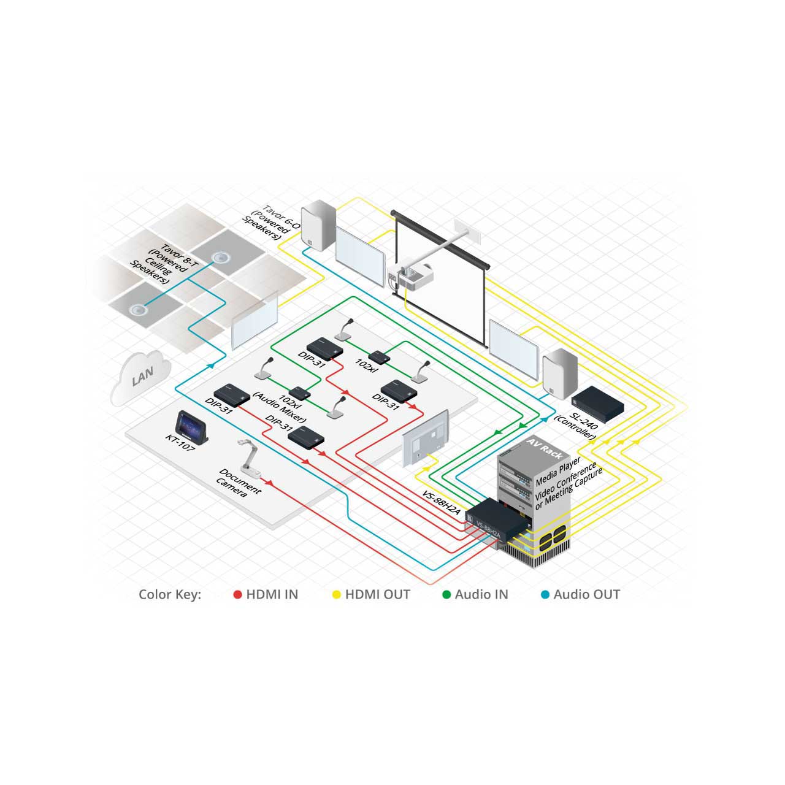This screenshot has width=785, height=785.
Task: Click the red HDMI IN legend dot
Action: (x=237, y=595)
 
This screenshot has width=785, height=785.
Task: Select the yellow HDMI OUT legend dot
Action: (x=337, y=595)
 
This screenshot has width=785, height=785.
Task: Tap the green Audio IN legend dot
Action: (x=446, y=595)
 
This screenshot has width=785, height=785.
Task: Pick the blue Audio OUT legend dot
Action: (x=545, y=595)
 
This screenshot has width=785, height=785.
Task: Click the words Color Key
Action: (x=170, y=595)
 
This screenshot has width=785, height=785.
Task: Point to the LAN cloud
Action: (x=140, y=378)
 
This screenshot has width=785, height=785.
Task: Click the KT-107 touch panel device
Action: (x=192, y=427)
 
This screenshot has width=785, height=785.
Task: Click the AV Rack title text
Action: (x=544, y=448)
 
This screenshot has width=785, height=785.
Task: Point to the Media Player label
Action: (x=557, y=472)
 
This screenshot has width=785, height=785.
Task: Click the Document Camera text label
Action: (x=239, y=483)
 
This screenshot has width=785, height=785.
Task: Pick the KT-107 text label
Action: (x=180, y=442)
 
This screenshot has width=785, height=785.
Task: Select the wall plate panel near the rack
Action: (x=425, y=438)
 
